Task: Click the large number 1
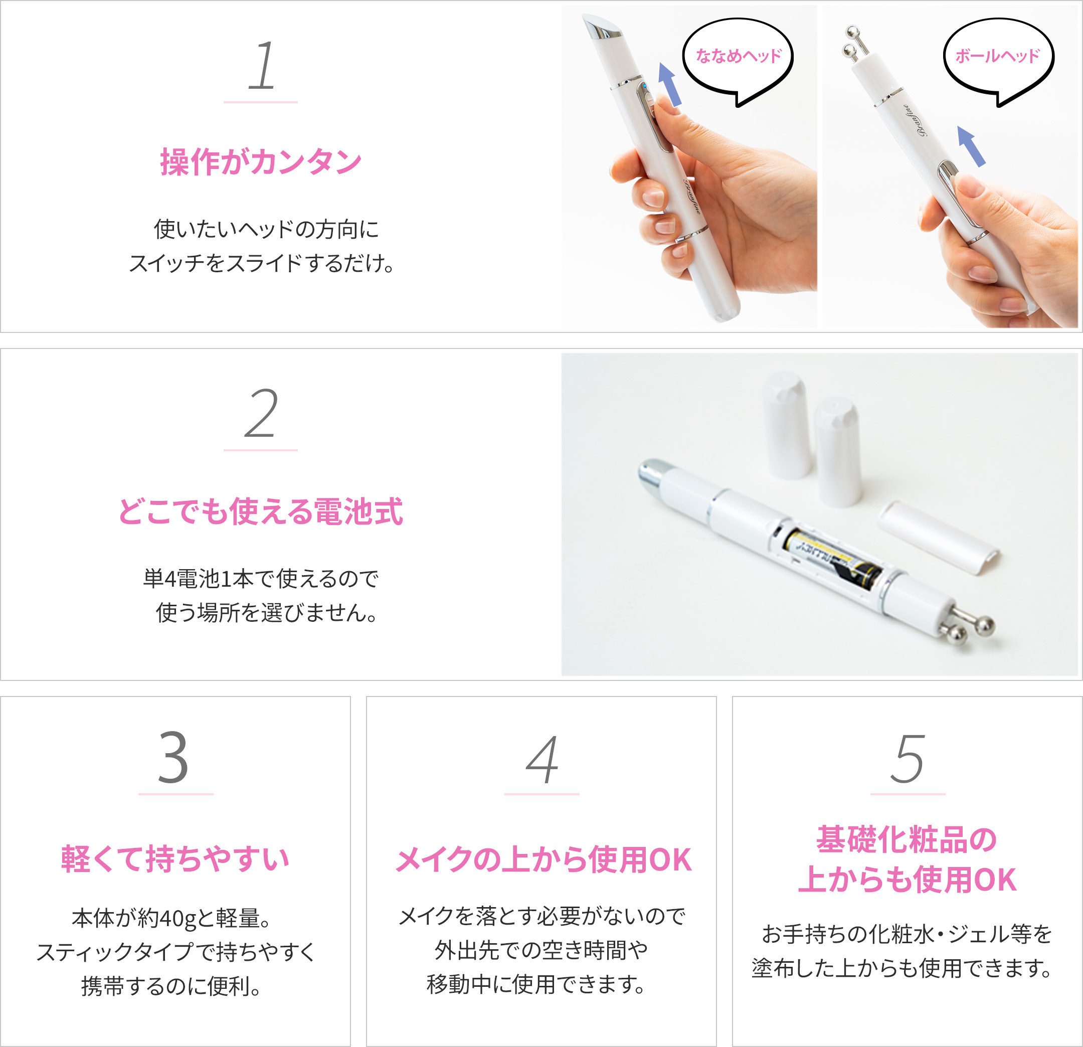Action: [261, 66]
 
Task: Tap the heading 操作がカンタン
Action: [261, 162]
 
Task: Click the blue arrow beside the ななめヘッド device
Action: [669, 84]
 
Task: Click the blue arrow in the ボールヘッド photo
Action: [970, 146]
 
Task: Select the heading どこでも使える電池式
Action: [261, 511]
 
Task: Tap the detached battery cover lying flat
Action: [938, 537]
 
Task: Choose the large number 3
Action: [173, 758]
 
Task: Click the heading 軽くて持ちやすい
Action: [175, 859]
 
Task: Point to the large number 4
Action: [542, 759]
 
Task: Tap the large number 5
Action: [908, 759]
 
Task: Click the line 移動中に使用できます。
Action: [536, 984]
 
